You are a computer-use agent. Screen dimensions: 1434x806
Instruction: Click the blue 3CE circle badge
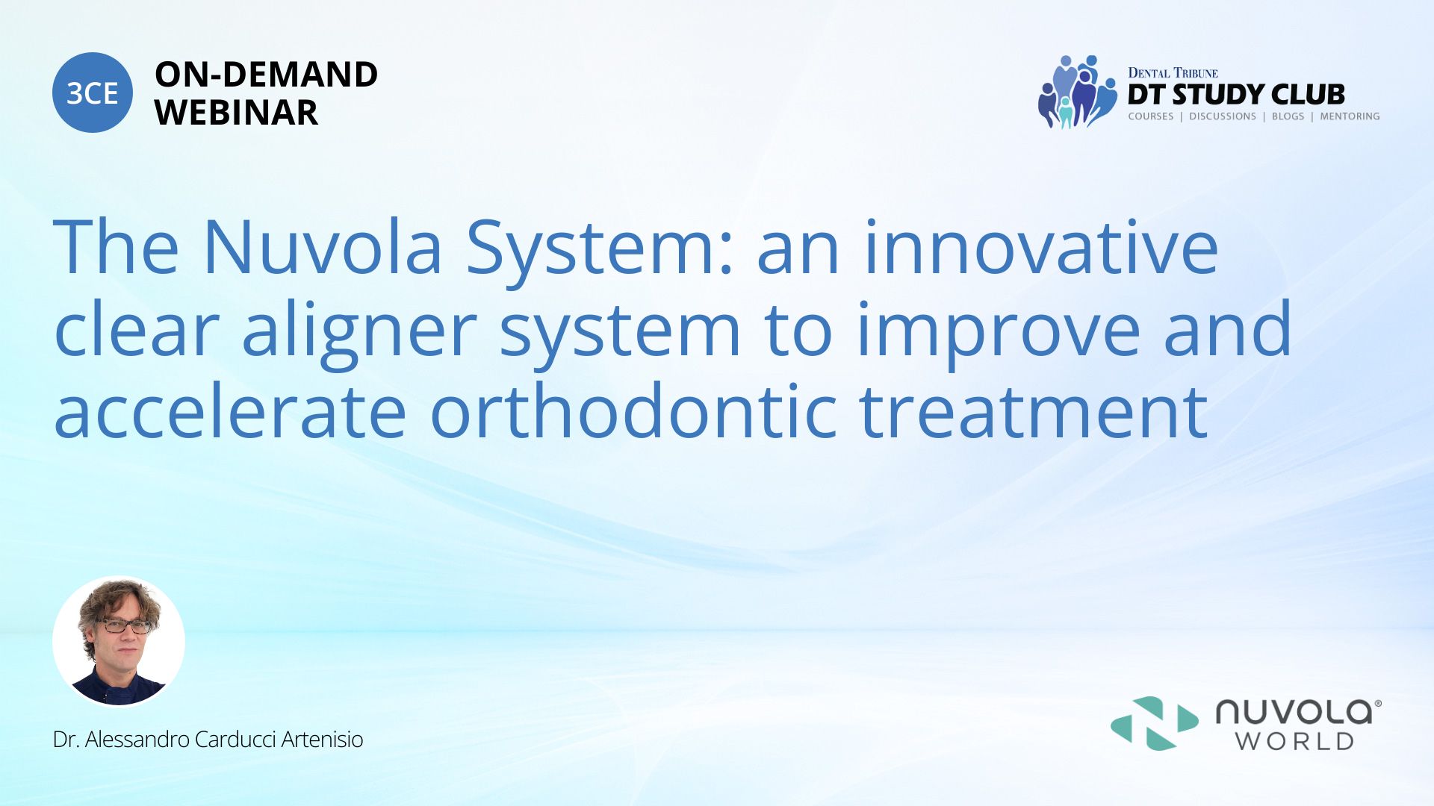93,93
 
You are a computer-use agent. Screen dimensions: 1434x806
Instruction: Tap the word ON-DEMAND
266,75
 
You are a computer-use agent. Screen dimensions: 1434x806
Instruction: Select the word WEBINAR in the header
236,113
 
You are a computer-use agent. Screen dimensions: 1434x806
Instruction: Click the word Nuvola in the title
323,247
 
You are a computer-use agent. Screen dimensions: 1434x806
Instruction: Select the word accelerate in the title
230,411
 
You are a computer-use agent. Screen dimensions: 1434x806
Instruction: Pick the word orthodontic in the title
634,411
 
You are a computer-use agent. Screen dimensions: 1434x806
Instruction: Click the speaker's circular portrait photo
119,641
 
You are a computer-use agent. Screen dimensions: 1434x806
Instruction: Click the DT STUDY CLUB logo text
1236,95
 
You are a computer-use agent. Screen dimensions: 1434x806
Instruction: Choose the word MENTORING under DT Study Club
1350,116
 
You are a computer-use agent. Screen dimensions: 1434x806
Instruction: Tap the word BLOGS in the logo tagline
1288,116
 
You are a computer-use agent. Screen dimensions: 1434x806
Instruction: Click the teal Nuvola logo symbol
1155,723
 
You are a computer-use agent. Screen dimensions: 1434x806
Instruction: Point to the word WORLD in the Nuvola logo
1294,741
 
